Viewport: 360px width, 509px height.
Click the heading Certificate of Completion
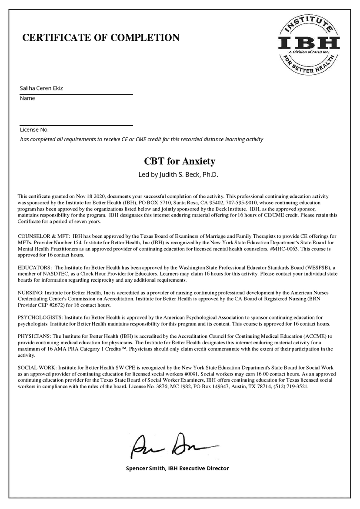pyautogui.click(x=101, y=38)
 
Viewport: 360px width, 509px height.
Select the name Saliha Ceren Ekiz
pyautogui.click(x=42, y=89)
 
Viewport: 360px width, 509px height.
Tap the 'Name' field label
pyautogui.click(x=27, y=98)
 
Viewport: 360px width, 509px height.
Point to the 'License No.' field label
pyautogui.click(x=34, y=130)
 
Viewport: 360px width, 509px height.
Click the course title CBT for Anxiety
pyautogui.click(x=180, y=162)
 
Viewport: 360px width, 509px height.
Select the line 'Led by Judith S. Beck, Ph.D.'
pyautogui.click(x=180, y=175)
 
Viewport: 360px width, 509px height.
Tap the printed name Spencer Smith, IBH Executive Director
pyautogui.click(x=177, y=468)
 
